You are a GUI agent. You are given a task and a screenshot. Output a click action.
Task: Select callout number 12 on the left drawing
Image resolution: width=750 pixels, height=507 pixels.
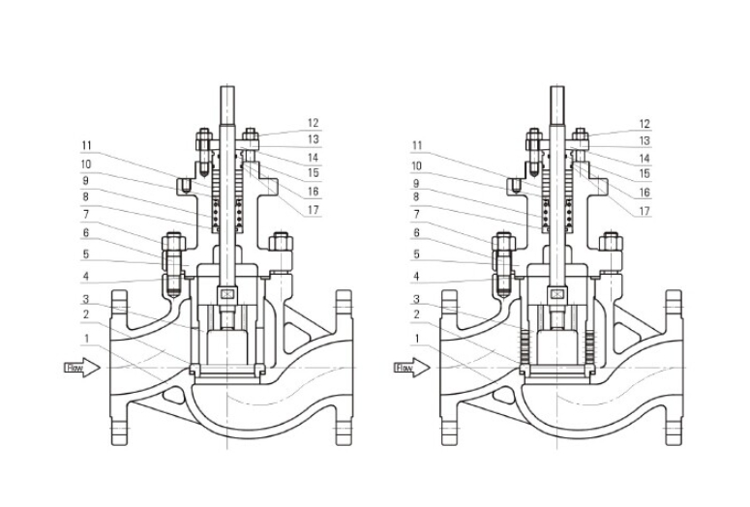coord(314,124)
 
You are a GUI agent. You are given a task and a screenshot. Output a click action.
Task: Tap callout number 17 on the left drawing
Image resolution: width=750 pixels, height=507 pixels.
coord(314,211)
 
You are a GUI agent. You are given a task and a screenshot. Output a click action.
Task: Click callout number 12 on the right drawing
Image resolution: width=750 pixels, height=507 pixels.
coord(644,124)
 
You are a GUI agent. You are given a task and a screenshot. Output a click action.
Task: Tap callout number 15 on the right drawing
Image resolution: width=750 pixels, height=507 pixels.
coord(644,175)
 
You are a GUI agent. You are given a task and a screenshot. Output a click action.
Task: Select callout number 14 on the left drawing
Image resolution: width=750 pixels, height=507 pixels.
coord(314,157)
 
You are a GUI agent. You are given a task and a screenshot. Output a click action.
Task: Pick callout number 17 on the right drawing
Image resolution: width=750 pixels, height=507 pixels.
coord(644,211)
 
